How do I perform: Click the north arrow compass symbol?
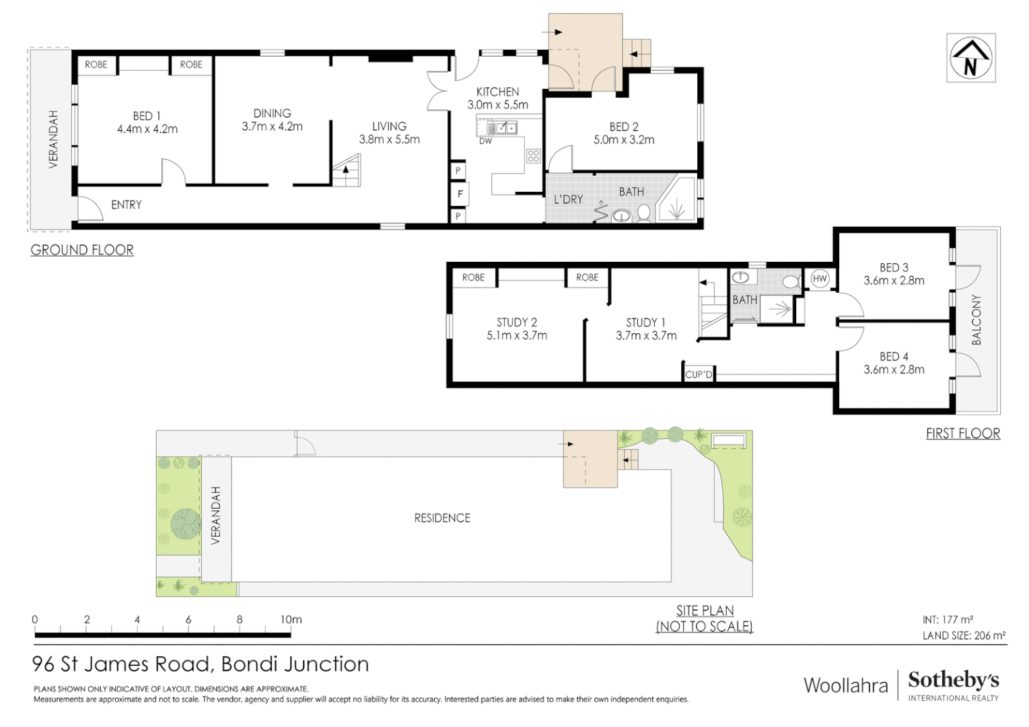970,58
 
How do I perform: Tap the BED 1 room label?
147,116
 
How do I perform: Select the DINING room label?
272,113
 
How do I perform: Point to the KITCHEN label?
497,92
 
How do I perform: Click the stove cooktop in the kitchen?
534,156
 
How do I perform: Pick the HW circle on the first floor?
820,279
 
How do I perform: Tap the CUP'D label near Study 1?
699,374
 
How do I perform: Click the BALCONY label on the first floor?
977,320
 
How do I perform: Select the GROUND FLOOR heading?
82,250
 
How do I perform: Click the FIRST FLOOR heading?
962,434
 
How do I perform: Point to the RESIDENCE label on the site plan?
442,518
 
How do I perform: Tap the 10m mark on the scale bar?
291,619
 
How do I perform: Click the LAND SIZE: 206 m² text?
964,635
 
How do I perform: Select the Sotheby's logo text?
953,680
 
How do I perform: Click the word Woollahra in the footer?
846,685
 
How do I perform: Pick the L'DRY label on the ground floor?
568,199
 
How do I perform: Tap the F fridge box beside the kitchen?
460,194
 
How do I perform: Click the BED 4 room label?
894,356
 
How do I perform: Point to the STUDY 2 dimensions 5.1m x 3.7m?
517,335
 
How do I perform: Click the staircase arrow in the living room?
346,170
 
